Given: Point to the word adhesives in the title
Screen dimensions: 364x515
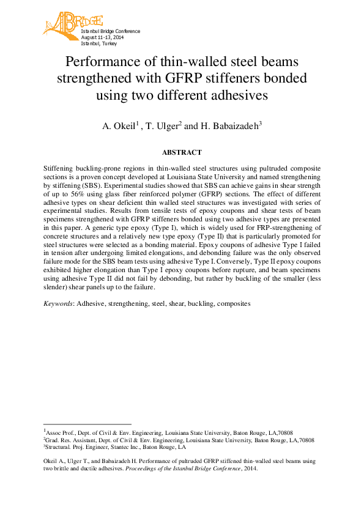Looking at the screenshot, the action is [x=236, y=95].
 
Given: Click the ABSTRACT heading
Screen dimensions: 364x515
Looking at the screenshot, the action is [x=182, y=152].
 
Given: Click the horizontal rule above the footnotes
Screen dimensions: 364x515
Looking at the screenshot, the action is [x=87, y=424].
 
